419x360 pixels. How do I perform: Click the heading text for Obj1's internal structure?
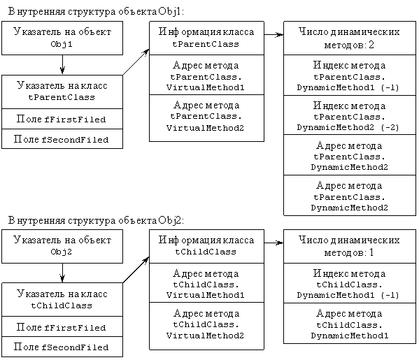(x=97, y=11)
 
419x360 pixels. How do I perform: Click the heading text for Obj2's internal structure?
(x=97, y=220)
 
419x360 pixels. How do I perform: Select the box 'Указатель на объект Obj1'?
(x=62, y=38)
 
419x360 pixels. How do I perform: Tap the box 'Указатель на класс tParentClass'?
(x=62, y=92)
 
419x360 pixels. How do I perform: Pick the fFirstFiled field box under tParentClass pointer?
(x=62, y=119)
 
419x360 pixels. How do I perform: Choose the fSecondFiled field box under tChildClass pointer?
(x=62, y=347)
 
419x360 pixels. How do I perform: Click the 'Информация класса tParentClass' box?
(x=206, y=38)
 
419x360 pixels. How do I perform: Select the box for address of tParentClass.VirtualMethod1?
(x=206, y=75)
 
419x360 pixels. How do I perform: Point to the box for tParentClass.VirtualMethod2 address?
(x=206, y=118)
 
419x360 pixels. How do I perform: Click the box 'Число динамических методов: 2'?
(x=350, y=38)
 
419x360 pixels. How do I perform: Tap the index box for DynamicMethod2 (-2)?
(x=350, y=115)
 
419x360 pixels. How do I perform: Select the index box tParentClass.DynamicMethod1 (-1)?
(x=350, y=75)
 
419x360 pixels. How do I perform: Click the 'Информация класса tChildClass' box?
(x=206, y=246)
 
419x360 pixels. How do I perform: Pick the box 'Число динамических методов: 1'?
(x=350, y=246)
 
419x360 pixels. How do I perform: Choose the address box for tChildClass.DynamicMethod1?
(x=350, y=323)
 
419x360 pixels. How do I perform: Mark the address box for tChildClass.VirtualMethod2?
(x=206, y=326)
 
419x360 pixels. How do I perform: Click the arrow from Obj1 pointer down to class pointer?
(x=62, y=65)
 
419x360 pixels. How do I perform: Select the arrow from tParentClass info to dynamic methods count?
(x=274, y=34)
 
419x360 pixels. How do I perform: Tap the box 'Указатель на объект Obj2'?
(x=62, y=246)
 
